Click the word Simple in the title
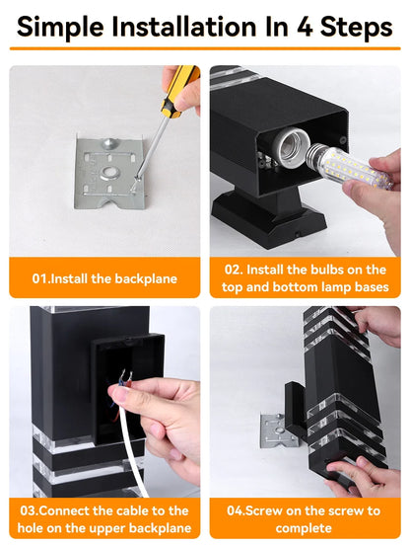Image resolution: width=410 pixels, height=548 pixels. click(61, 27)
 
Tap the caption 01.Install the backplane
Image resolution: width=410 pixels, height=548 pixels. click(104, 278)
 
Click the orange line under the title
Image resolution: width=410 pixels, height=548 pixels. click(205, 48)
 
